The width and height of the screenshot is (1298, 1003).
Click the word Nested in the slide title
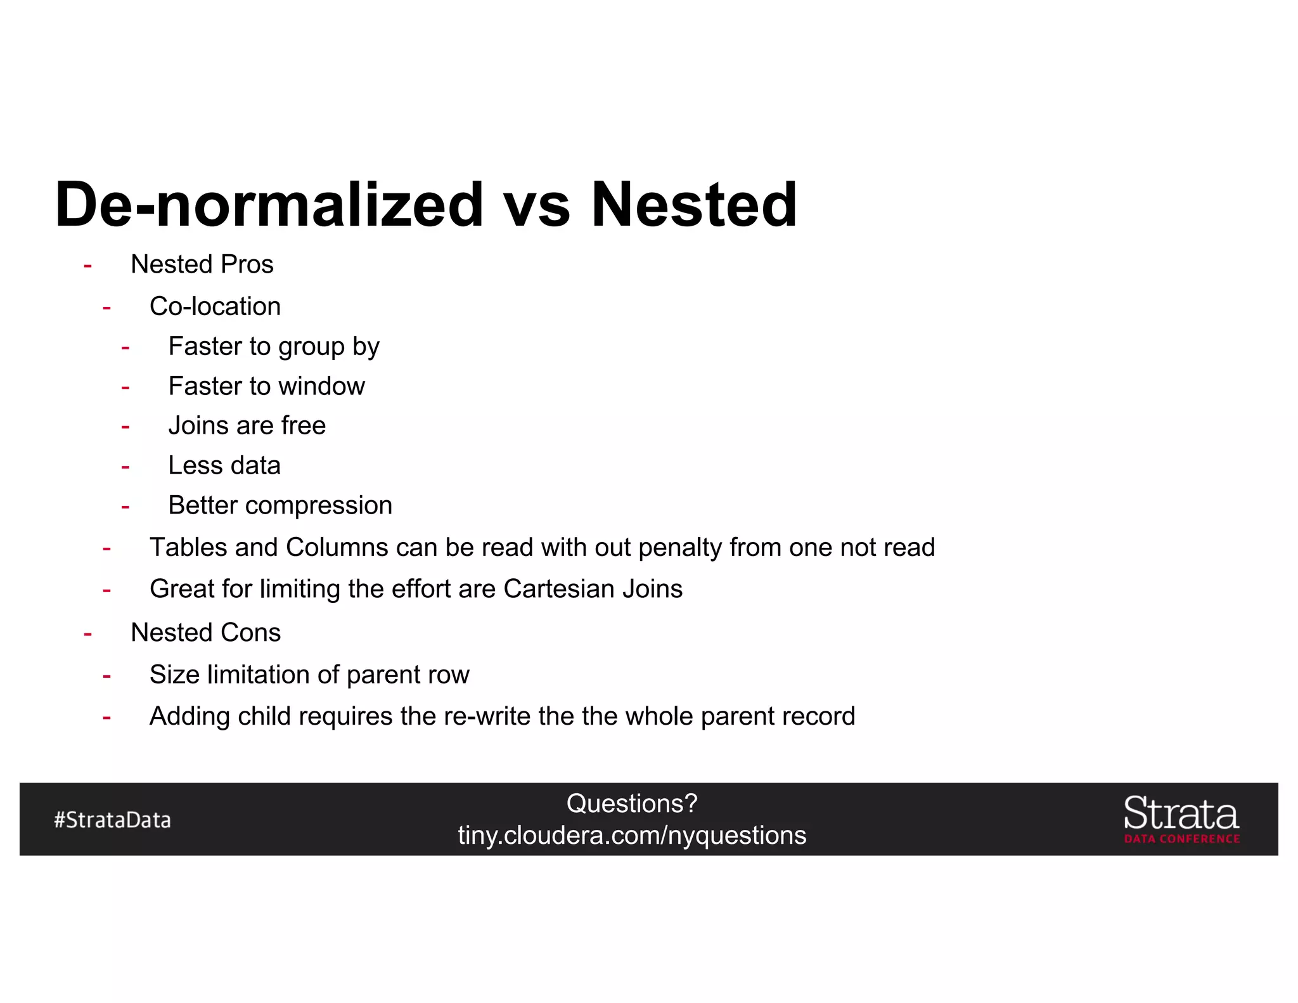pyautogui.click(x=693, y=204)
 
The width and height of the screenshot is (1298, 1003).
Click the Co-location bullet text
pyautogui.click(x=215, y=306)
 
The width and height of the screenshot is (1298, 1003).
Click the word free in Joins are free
pyautogui.click(x=303, y=425)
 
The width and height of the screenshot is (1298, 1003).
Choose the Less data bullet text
pyautogui.click(x=224, y=465)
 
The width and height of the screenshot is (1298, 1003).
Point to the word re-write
pyautogui.click(x=487, y=716)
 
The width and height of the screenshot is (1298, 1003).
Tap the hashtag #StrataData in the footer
pyautogui.click(x=112, y=820)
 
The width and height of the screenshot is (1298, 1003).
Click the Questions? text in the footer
pyautogui.click(x=632, y=804)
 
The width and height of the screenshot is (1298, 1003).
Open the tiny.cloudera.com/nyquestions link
pyautogui.click(x=632, y=836)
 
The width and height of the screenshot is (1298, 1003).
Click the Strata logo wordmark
pyautogui.click(x=1181, y=813)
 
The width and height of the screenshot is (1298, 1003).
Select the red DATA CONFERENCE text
pyautogui.click(x=1182, y=839)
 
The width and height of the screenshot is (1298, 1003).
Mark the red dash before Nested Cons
pyautogui.click(x=88, y=633)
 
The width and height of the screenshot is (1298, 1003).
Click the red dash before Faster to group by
pyautogui.click(x=125, y=347)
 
